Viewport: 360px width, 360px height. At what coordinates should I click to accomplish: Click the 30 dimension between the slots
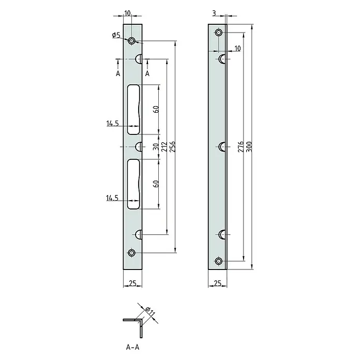(155, 147)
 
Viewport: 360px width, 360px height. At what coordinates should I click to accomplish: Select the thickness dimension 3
(213, 12)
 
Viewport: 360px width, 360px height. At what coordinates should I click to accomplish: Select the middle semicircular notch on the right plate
(221, 147)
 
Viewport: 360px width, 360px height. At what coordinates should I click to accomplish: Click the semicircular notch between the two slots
(139, 147)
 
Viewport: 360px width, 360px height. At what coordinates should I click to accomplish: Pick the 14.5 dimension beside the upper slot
(113, 124)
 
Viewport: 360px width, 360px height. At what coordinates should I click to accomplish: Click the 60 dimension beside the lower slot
(155, 183)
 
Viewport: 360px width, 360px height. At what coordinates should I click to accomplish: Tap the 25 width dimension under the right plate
(217, 283)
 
